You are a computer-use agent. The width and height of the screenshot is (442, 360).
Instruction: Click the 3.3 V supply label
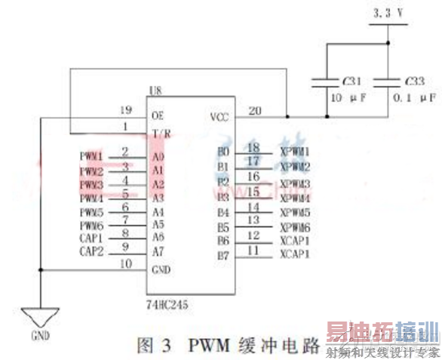[x=389, y=13]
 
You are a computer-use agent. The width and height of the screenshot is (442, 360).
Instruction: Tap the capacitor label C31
[x=351, y=80]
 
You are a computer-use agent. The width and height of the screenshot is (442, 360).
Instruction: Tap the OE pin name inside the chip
[x=158, y=116]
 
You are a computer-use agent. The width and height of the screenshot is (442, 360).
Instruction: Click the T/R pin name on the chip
[x=161, y=133]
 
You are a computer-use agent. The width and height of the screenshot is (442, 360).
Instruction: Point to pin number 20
[x=255, y=110]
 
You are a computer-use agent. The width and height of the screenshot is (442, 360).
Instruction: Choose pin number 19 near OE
[x=126, y=109]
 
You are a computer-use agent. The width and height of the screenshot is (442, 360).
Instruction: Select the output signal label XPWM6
[x=295, y=226]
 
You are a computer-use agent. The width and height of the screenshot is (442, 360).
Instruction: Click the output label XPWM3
[x=295, y=184]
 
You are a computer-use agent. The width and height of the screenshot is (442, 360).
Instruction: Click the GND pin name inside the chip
[x=161, y=269]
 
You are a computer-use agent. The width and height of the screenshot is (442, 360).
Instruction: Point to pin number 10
[x=126, y=263]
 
